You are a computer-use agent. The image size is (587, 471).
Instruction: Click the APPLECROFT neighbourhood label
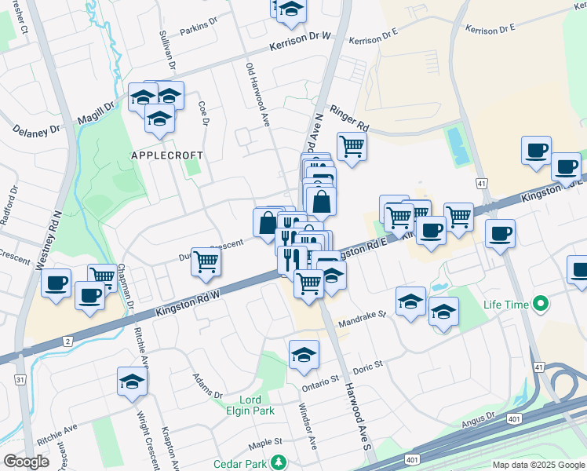click(x=166, y=156)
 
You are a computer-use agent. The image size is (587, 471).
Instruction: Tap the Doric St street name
click(x=366, y=366)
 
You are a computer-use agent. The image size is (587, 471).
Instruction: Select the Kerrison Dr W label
click(x=301, y=43)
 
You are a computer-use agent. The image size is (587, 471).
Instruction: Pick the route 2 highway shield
click(x=68, y=341)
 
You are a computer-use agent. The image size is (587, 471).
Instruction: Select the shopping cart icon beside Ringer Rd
click(x=352, y=146)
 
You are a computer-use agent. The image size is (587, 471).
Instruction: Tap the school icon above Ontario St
click(x=304, y=355)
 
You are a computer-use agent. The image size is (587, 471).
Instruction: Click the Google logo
click(x=27, y=462)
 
